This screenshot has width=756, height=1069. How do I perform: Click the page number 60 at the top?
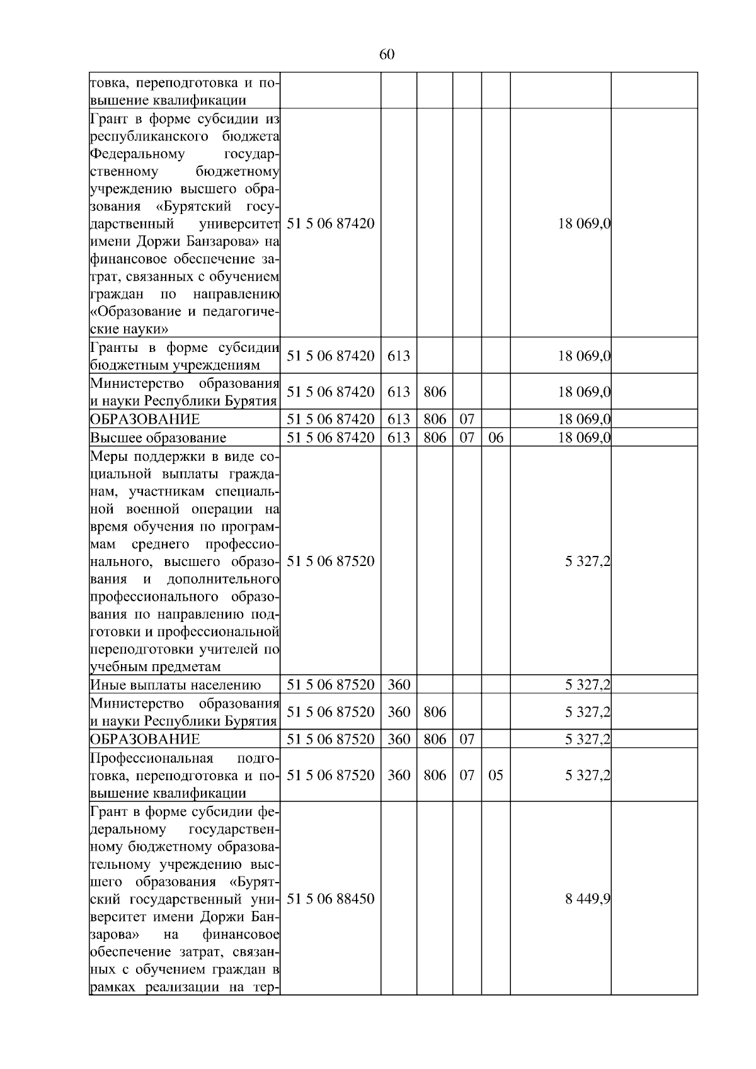387,54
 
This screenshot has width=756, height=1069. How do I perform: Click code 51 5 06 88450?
330,898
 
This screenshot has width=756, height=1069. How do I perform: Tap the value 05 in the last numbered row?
496,775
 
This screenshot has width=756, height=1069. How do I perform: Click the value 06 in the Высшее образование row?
496,438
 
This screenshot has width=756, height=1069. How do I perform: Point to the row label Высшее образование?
158,438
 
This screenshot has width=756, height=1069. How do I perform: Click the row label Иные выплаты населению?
175,685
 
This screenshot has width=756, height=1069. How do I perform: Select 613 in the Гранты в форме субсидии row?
398,356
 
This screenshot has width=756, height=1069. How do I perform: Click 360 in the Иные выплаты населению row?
398,685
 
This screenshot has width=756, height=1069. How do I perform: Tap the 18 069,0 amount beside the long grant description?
584,223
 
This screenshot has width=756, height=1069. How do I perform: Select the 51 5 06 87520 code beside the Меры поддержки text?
330,561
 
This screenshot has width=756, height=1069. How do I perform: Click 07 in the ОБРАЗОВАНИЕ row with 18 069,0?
467,419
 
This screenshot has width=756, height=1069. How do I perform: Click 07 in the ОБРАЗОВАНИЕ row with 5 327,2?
467,739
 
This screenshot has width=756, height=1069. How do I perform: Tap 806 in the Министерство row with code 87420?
435,392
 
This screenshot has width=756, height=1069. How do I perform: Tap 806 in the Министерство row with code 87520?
435,712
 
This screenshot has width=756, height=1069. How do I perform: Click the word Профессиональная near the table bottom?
152,757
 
